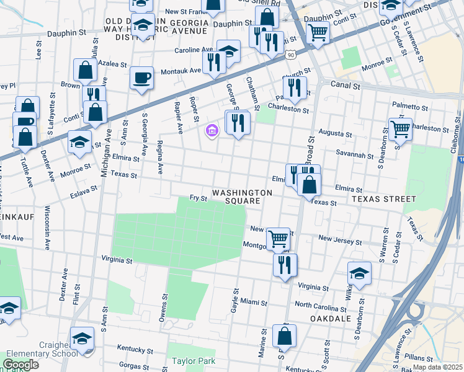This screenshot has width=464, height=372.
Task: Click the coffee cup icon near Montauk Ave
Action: [x=142, y=78]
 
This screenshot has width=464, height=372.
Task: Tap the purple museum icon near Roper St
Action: [x=212, y=130]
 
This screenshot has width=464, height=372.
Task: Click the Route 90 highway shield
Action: [x=308, y=56]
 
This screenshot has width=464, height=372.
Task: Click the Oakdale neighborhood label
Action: [x=331, y=319]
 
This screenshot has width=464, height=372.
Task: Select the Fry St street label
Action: [x=197, y=198]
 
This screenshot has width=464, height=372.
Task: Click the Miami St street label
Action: [x=254, y=303]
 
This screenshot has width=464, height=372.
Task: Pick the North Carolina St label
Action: [x=321, y=305]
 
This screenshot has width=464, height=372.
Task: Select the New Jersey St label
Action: [x=339, y=240]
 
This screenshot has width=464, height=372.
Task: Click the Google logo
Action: [x=20, y=365]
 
